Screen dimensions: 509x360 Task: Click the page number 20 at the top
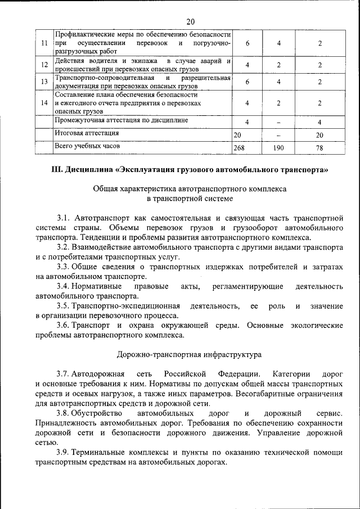(190, 21)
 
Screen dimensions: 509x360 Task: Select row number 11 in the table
(44, 44)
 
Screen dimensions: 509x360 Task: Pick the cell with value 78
(319, 148)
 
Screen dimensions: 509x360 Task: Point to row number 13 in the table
(44, 82)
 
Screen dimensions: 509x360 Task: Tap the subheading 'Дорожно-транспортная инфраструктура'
(189, 355)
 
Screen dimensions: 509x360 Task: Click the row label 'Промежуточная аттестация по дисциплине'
(121, 120)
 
